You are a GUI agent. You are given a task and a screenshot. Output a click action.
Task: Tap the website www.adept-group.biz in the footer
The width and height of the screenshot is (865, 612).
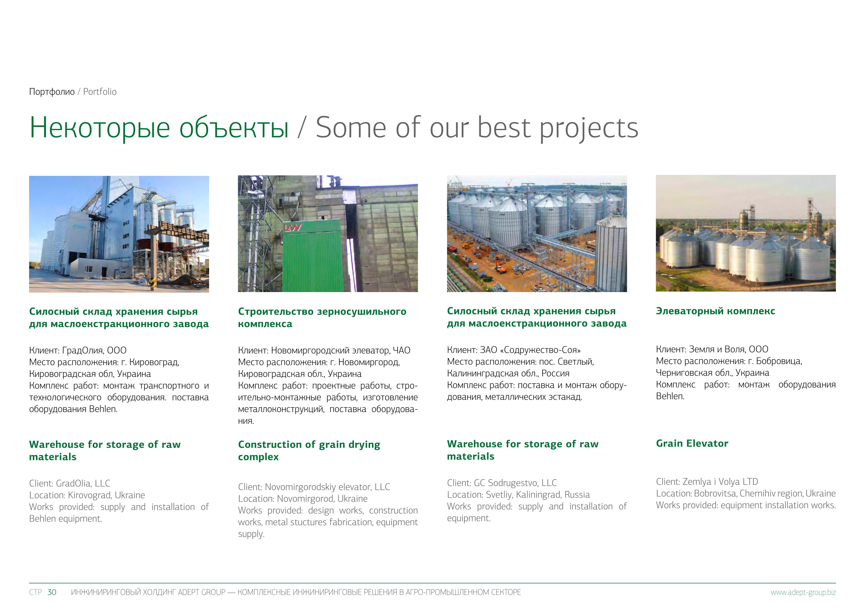click(x=803, y=593)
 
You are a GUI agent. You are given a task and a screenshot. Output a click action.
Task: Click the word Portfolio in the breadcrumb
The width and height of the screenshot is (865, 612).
click(x=100, y=92)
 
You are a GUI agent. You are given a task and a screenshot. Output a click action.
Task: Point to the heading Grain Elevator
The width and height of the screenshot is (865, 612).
click(x=692, y=443)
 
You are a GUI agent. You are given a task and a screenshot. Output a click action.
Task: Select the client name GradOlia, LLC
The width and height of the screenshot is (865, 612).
click(x=83, y=483)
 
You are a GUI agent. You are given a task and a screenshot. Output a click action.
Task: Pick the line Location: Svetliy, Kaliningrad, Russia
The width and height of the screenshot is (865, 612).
click(x=518, y=495)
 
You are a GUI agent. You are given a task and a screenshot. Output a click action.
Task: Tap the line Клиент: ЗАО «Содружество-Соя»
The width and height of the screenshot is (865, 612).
click(x=514, y=350)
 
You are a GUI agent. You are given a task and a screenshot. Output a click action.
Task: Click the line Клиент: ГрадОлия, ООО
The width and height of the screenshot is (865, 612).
click(x=78, y=351)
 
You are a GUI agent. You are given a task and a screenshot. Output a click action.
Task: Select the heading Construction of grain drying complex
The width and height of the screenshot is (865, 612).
click(x=309, y=450)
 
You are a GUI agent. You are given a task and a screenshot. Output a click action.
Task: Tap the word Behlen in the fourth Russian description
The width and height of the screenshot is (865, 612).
click(x=670, y=396)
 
